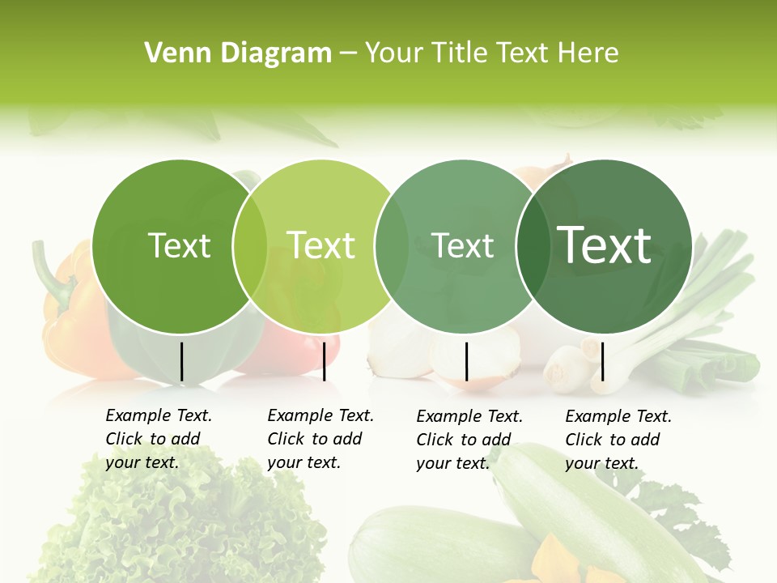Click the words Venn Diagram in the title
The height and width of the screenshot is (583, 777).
(237, 53)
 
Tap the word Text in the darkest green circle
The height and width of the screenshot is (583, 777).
(605, 245)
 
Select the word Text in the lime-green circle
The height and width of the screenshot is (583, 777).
(321, 245)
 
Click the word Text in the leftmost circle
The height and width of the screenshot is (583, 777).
(179, 245)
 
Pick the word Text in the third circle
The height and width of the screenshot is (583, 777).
(463, 245)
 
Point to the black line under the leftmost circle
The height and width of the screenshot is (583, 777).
(181, 361)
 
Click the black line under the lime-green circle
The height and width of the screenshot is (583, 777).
(324, 361)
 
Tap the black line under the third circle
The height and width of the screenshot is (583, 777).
(466, 361)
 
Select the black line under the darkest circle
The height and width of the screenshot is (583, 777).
(603, 361)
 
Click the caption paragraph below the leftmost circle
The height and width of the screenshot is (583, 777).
(159, 439)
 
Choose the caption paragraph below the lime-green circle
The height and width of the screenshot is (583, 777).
(321, 439)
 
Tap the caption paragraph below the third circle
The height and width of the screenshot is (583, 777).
(469, 440)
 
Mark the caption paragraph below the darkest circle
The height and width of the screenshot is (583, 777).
(618, 440)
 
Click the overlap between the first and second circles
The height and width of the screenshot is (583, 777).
(250, 247)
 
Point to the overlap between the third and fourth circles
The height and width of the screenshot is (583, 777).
(533, 247)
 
